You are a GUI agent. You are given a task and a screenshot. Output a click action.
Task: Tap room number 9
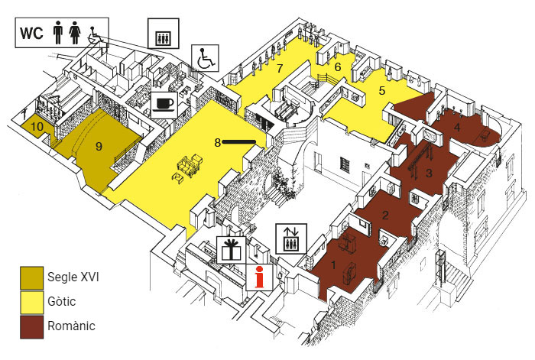(x=99, y=145)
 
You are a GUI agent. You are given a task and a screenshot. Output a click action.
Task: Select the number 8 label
(x=218, y=142)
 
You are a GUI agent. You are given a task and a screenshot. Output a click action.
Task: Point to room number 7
(x=280, y=69)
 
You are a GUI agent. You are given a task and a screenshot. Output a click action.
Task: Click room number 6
(x=337, y=66)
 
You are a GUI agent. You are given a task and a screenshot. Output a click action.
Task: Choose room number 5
(x=382, y=91)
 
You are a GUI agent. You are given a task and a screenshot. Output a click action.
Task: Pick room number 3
(x=430, y=174)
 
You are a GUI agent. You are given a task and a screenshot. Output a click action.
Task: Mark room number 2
(x=386, y=215)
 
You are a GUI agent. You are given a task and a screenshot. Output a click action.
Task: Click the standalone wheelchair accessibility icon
(x=204, y=57)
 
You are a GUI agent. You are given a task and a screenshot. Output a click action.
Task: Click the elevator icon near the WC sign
(x=163, y=34)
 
